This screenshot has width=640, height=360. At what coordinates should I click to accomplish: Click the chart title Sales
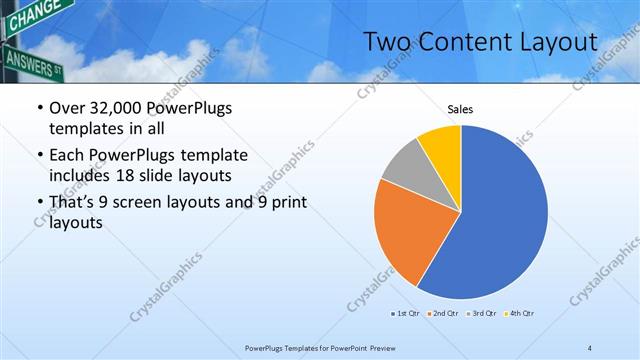(460, 110)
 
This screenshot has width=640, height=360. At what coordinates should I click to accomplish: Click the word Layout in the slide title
(555, 42)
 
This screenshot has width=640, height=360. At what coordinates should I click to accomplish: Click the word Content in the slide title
(456, 42)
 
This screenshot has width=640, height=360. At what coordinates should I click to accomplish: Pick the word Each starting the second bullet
(66, 156)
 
